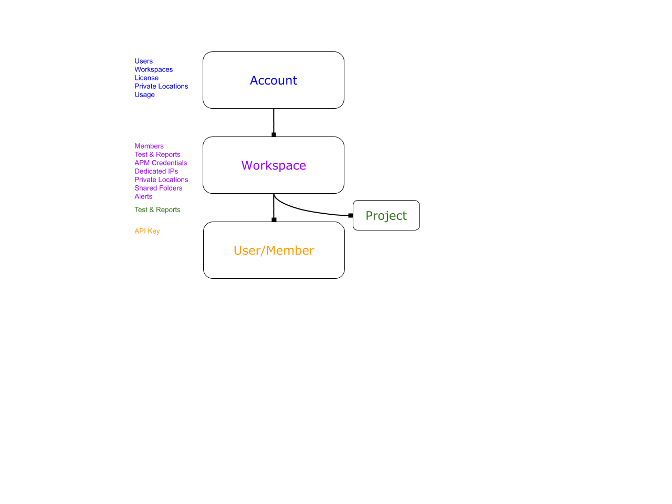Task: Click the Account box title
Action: click(x=274, y=80)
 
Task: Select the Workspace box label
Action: click(x=274, y=165)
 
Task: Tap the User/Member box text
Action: click(x=274, y=250)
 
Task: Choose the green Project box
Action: click(x=386, y=215)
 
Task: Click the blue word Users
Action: click(x=143, y=61)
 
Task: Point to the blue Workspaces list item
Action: click(x=154, y=69)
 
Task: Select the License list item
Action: click(x=146, y=78)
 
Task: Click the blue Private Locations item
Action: click(x=161, y=86)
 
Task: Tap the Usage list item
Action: click(x=144, y=95)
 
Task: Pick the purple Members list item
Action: click(x=149, y=146)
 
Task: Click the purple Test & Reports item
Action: click(x=157, y=154)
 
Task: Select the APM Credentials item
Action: click(x=161, y=163)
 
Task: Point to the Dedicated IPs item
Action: click(x=156, y=171)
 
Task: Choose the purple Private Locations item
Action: click(x=161, y=180)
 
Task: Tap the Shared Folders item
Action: click(x=158, y=188)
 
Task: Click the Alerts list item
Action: click(x=143, y=196)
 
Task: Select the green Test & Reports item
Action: click(x=157, y=209)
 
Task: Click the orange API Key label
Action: click(x=147, y=232)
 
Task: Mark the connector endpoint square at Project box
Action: click(x=351, y=215)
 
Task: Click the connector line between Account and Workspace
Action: click(x=274, y=121)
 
